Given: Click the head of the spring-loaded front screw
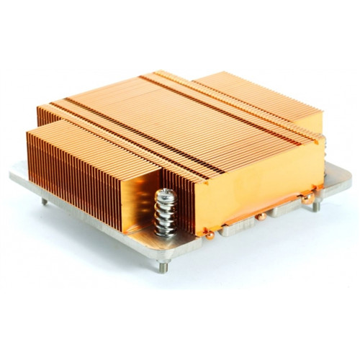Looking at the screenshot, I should pos(164,194).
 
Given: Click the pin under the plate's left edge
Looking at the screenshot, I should pos(44,201).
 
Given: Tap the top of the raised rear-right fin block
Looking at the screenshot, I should pos(259,94).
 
